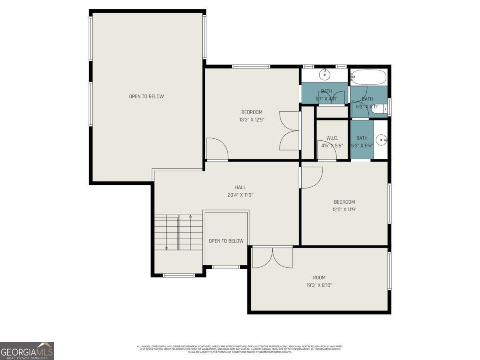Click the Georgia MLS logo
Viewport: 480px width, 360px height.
click(x=27, y=351)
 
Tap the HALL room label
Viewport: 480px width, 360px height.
click(x=240, y=187)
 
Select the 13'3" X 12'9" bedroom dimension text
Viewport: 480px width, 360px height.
click(x=252, y=119)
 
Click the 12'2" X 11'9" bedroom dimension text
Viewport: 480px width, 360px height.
click(x=344, y=209)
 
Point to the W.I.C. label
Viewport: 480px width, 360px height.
click(x=332, y=138)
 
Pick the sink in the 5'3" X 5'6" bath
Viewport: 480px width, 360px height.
click(x=382, y=140)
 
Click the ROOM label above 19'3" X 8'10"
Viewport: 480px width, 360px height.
click(x=319, y=278)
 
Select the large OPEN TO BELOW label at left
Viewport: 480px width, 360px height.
click(x=146, y=96)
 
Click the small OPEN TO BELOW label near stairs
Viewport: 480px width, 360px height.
click(x=226, y=241)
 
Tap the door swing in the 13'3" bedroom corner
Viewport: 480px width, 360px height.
click(x=217, y=149)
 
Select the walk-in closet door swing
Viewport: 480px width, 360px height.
click(x=326, y=150)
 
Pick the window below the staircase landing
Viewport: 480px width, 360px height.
click(x=179, y=275)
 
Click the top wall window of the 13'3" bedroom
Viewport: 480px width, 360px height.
click(x=251, y=66)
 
